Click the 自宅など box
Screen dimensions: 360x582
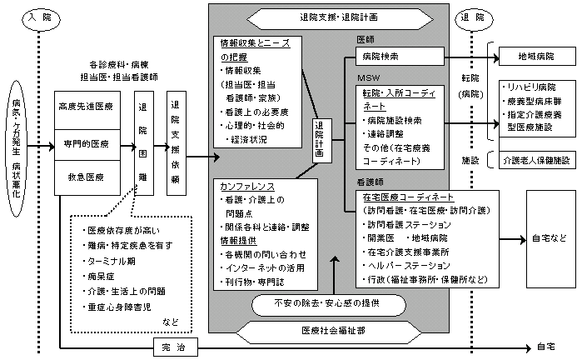[x=548, y=239]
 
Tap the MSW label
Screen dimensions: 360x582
[x=366, y=77]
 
